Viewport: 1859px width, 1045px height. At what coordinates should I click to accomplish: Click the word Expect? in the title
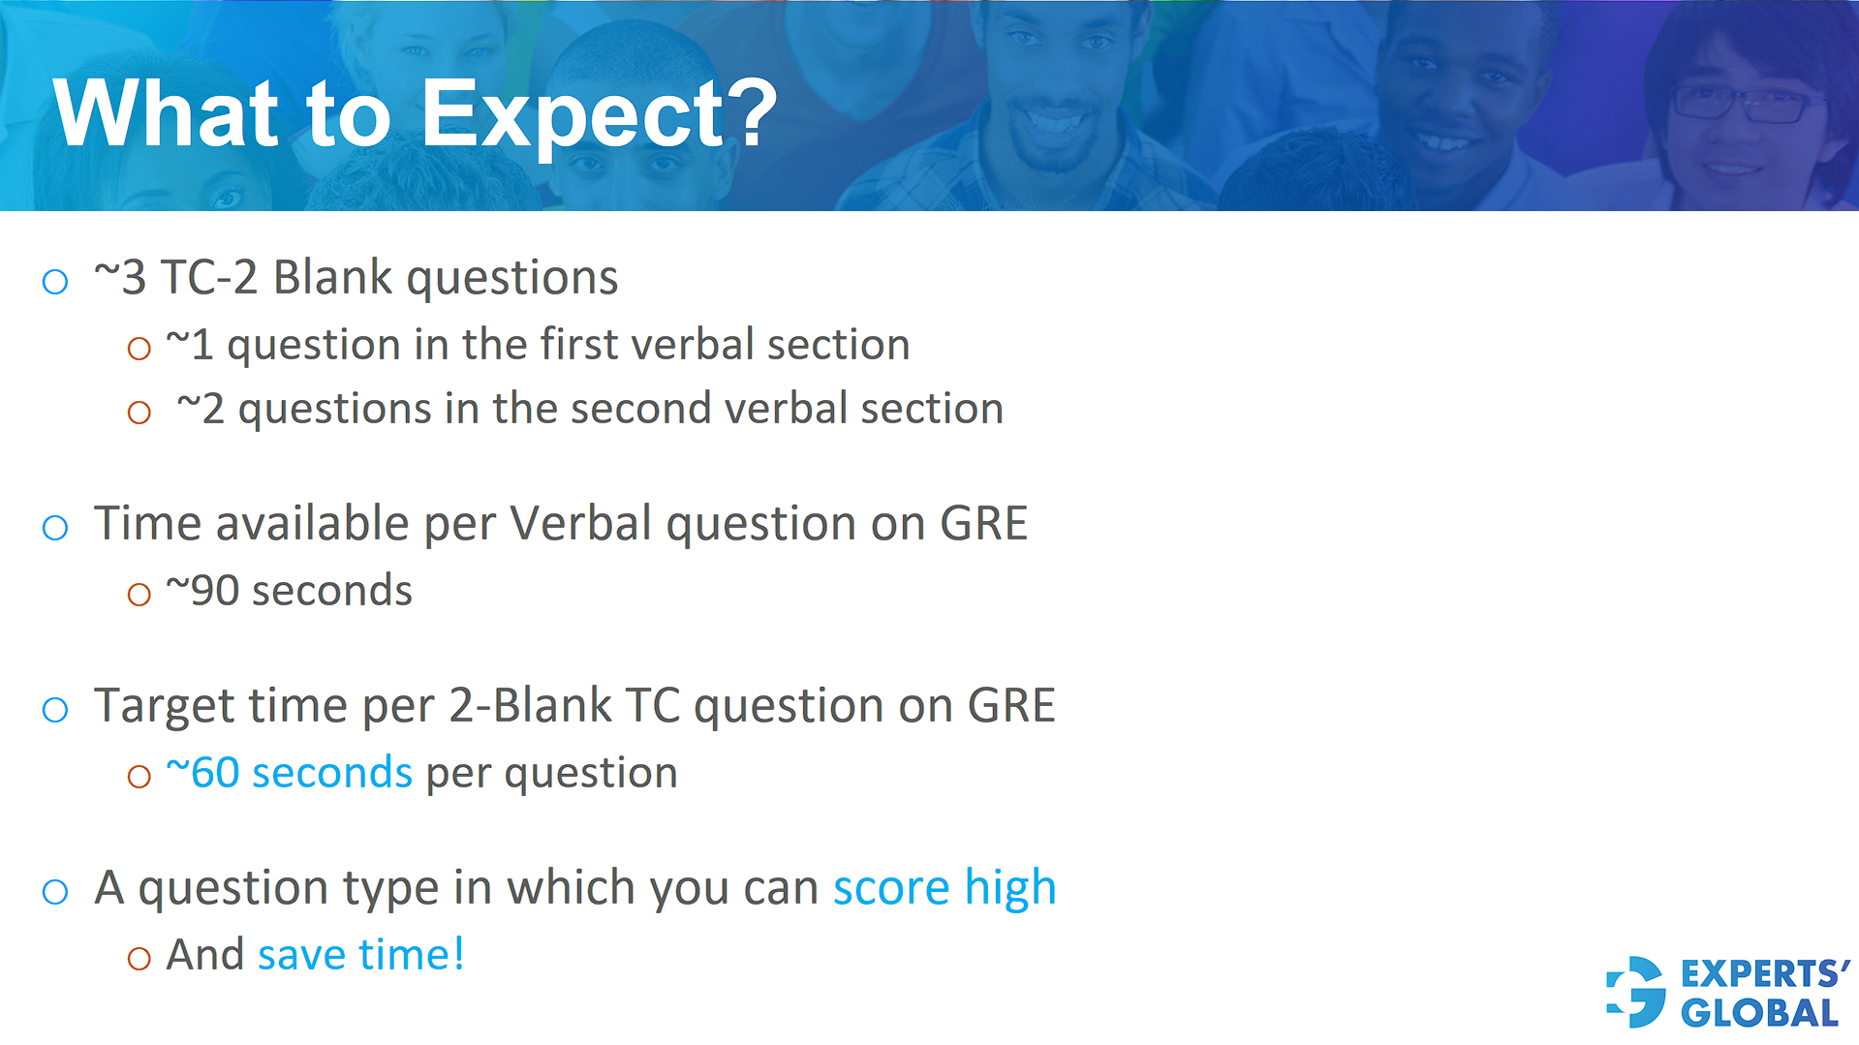tap(599, 116)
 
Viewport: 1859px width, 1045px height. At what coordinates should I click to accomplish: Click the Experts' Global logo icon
tap(1636, 993)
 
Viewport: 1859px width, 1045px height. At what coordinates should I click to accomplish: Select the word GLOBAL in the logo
tap(1759, 1014)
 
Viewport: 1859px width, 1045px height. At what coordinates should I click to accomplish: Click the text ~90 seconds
tap(289, 591)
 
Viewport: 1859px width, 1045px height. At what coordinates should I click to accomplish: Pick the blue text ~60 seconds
tap(289, 773)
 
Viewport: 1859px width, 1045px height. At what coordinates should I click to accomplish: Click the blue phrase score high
tap(945, 888)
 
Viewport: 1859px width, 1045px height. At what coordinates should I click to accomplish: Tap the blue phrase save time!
tap(360, 955)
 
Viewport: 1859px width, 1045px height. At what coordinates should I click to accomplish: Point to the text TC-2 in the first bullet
tap(209, 278)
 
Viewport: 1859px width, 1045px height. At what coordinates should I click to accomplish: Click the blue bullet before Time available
tap(55, 528)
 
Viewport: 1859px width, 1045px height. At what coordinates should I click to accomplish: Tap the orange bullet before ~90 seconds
tap(139, 595)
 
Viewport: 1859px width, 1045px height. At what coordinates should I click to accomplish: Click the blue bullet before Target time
tap(55, 710)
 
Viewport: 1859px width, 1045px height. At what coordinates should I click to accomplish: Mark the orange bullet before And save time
tap(139, 959)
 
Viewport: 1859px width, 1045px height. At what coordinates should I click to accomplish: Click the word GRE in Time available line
tap(983, 524)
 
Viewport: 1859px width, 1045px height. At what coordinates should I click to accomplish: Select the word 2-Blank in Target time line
tap(530, 706)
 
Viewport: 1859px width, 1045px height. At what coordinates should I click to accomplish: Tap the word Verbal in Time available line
tap(581, 524)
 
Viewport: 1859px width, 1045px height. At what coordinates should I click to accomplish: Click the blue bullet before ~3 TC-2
tap(55, 282)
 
